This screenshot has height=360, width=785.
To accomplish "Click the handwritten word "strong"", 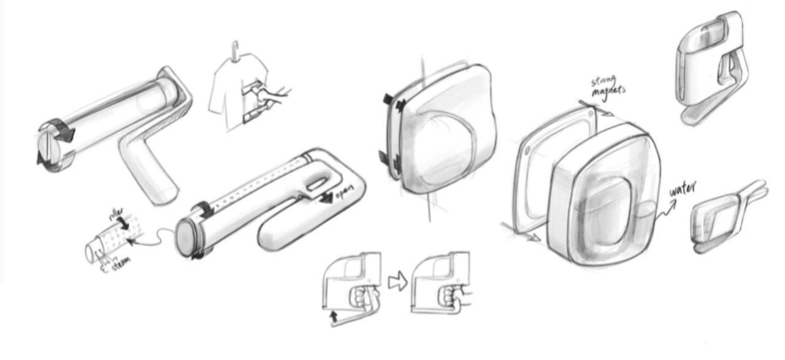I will click(x=603, y=81).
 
